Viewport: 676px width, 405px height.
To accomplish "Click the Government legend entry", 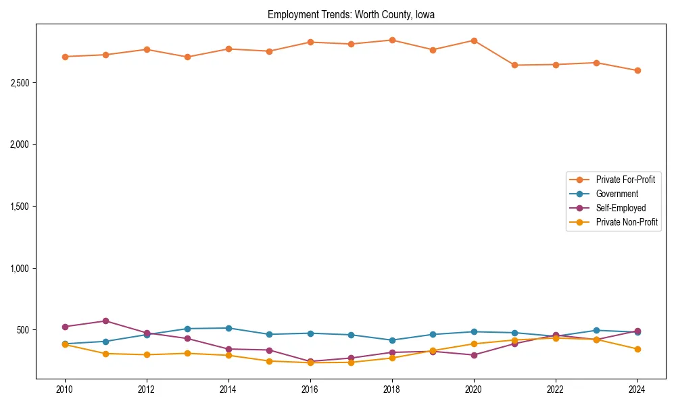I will pyautogui.click(x=617, y=194).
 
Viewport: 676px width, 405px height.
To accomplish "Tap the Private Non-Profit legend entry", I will pyautogui.click(x=627, y=222).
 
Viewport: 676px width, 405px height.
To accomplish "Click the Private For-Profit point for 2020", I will pyautogui.click(x=474, y=40).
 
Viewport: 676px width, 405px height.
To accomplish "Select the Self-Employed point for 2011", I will pyautogui.click(x=105, y=321).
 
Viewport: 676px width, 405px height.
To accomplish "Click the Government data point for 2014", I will pyautogui.click(x=228, y=328).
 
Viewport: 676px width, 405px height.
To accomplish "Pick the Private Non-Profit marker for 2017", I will pyautogui.click(x=351, y=362).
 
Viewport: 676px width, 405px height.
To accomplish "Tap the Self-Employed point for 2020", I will pyautogui.click(x=474, y=355).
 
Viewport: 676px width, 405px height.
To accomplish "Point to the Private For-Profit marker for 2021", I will pyautogui.click(x=514, y=65).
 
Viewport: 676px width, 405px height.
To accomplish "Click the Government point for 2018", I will pyautogui.click(x=392, y=340).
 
